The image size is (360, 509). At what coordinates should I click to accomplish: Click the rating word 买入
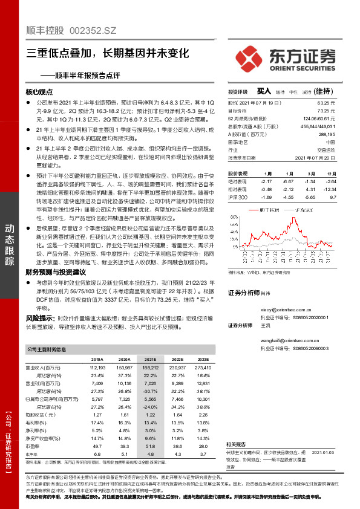point(263,91)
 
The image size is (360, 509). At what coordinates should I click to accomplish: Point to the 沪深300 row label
point(238,197)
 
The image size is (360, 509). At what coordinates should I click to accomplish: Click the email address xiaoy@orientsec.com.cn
point(286,309)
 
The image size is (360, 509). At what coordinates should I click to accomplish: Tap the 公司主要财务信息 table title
point(47,349)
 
